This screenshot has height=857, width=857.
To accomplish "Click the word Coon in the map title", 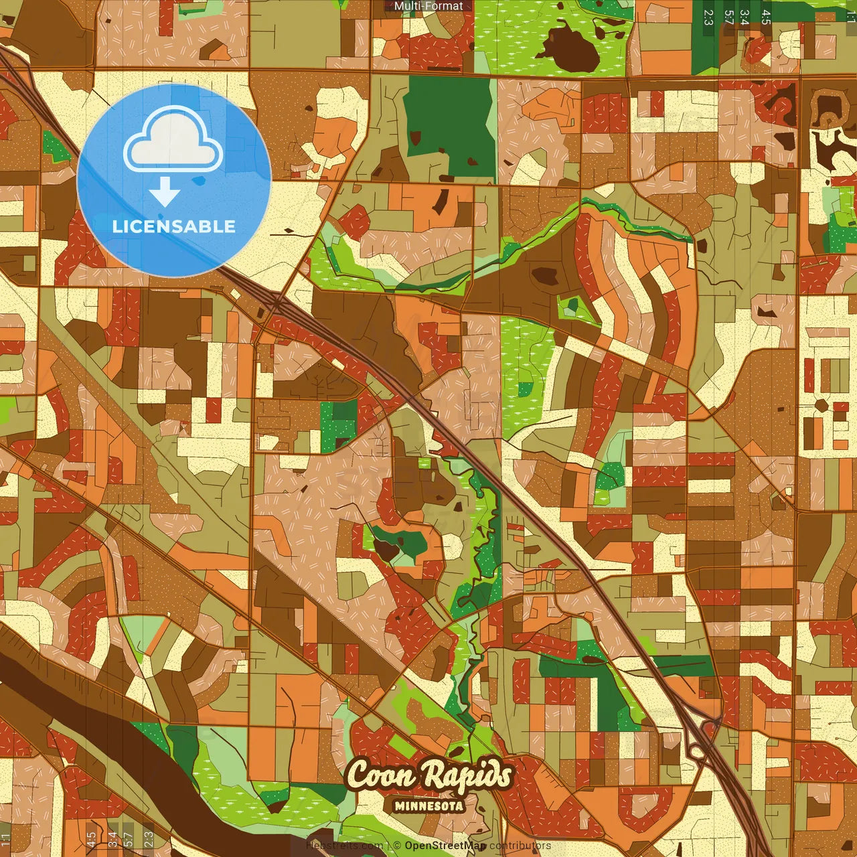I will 376,776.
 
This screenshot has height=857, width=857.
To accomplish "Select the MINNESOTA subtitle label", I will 428,806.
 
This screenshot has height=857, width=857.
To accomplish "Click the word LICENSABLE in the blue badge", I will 173,226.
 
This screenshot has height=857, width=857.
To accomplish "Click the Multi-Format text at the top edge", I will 428,6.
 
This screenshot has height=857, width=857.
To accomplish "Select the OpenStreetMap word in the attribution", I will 445,846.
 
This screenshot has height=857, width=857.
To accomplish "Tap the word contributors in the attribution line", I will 520,846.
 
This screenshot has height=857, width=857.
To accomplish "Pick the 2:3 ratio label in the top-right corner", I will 708,17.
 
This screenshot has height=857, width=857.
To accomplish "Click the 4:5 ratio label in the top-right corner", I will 766,17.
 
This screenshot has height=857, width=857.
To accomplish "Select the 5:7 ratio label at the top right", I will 728,17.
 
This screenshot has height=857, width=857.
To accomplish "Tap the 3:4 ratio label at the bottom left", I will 112,839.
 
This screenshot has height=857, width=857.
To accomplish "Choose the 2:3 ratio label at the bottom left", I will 149,839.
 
